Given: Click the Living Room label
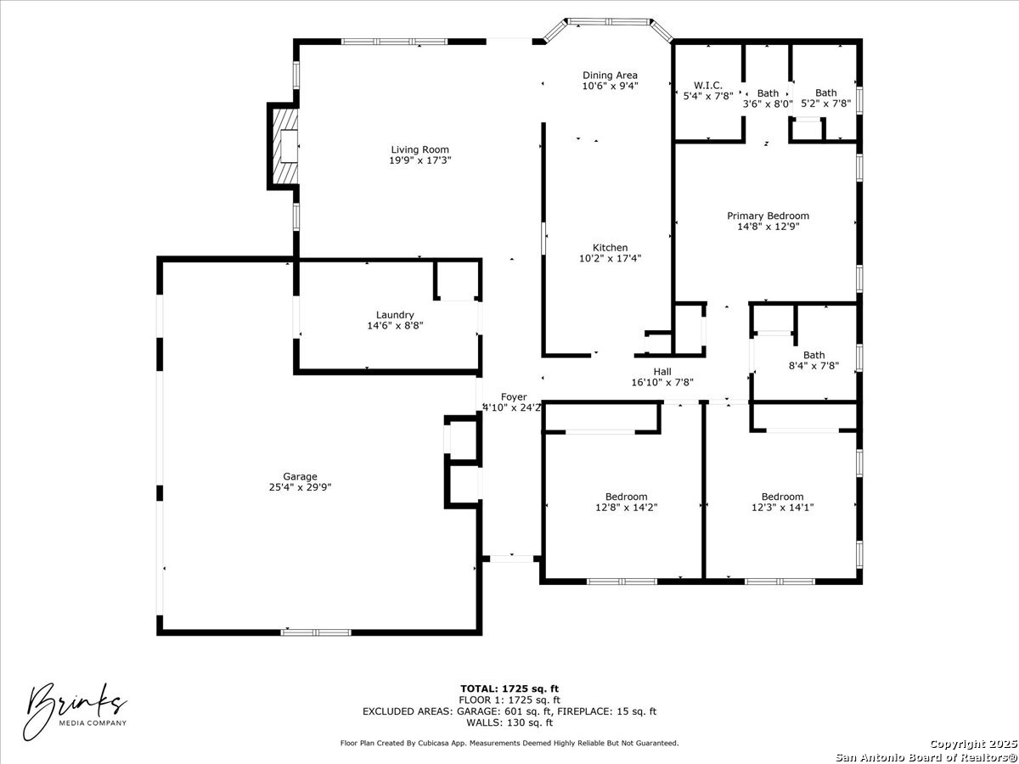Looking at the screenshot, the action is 419,149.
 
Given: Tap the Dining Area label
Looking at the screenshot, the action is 610,75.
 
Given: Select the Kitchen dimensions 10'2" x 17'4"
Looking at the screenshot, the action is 610,258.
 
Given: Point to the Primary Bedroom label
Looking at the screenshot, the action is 768,216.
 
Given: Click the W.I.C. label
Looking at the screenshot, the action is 708,86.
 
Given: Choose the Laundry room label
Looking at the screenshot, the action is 395,315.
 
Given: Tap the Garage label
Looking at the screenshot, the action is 300,476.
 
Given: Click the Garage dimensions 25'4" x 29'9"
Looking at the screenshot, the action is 300,487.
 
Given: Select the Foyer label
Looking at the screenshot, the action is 514,397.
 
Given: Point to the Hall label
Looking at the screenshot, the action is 662,372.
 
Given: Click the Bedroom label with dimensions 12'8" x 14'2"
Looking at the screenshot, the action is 626,497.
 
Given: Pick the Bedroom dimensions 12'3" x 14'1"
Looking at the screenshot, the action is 782,508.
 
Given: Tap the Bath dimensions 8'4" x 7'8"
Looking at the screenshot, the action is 814,366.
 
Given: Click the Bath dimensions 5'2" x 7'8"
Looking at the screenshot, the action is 826,104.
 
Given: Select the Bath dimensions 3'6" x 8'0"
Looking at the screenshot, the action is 768,104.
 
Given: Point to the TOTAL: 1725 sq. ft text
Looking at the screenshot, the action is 509,688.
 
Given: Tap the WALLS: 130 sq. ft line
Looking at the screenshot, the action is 509,722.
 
